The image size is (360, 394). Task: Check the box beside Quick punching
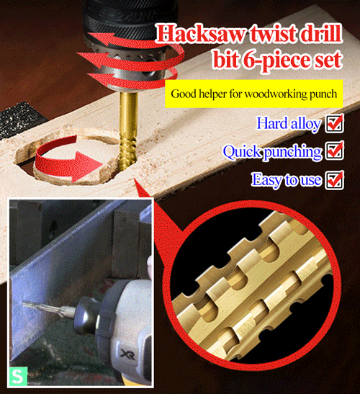[x=334, y=151]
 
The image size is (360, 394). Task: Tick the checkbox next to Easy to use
[x=334, y=179]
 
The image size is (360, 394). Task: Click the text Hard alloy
[x=288, y=124]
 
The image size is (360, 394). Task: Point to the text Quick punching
[x=271, y=152]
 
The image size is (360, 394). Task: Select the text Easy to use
[x=286, y=180]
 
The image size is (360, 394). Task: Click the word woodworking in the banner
[x=266, y=94]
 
